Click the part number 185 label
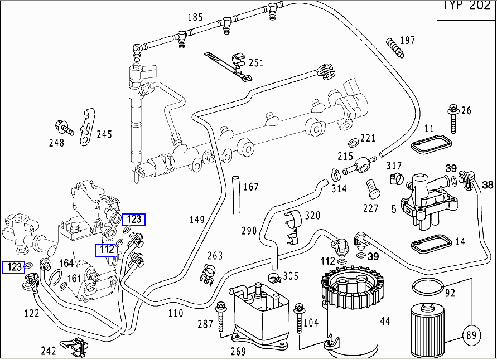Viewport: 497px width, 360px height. [x=195, y=17]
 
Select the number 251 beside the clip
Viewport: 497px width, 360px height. [x=256, y=62]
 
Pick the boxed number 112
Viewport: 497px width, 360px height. [x=107, y=250]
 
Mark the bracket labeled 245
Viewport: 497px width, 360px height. [x=86, y=127]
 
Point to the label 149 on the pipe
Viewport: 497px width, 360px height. [x=197, y=219]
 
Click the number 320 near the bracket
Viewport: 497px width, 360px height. [x=312, y=216]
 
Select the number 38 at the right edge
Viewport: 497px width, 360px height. [x=488, y=184]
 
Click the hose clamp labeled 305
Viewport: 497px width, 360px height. [x=274, y=276]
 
